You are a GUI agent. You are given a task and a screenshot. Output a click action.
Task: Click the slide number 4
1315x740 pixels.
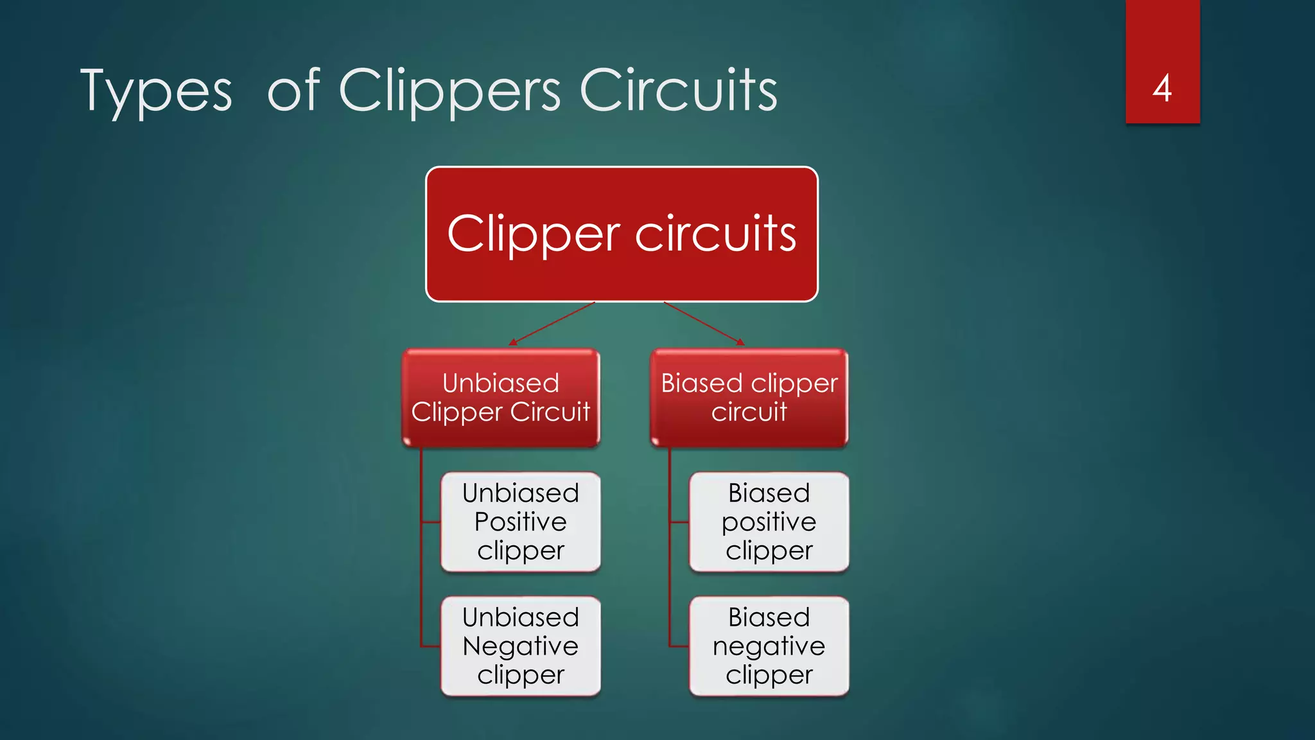pyautogui.click(x=1162, y=89)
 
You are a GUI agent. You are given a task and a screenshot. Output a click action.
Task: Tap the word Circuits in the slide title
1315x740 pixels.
pyautogui.click(x=678, y=90)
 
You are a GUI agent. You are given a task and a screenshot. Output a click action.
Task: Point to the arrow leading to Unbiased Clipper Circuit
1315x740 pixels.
pyautogui.click(x=552, y=323)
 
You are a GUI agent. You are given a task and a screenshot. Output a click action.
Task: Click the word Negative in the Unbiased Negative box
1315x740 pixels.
pyautogui.click(x=521, y=646)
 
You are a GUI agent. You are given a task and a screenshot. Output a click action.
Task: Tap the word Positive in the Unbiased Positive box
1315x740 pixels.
pyautogui.click(x=521, y=522)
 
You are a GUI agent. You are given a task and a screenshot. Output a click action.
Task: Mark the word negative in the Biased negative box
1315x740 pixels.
pyautogui.click(x=769, y=646)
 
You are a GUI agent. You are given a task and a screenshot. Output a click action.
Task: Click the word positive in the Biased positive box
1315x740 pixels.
pyautogui.click(x=769, y=522)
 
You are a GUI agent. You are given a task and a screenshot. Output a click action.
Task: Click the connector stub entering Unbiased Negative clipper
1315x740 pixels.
pyautogui.click(x=430, y=646)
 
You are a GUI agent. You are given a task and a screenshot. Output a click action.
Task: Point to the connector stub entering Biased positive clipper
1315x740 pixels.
pyautogui.click(x=679, y=522)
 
